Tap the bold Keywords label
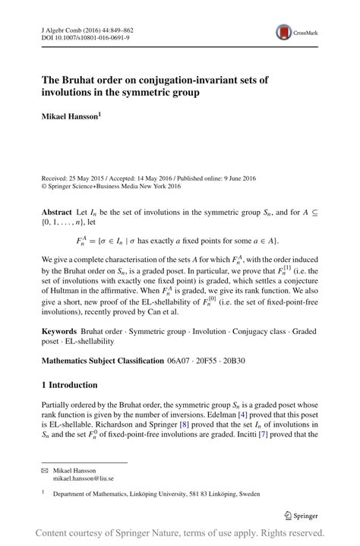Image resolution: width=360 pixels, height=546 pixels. (60, 332)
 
